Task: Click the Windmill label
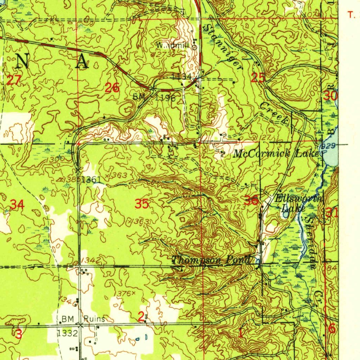click(x=173, y=45)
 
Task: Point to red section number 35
click(x=143, y=204)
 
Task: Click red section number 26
click(x=112, y=88)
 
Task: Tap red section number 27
click(x=13, y=80)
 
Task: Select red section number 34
click(x=17, y=204)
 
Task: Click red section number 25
click(x=258, y=78)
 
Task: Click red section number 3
click(x=19, y=334)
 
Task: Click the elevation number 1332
click(x=67, y=333)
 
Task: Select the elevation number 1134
click(x=182, y=76)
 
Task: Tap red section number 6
click(x=332, y=329)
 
